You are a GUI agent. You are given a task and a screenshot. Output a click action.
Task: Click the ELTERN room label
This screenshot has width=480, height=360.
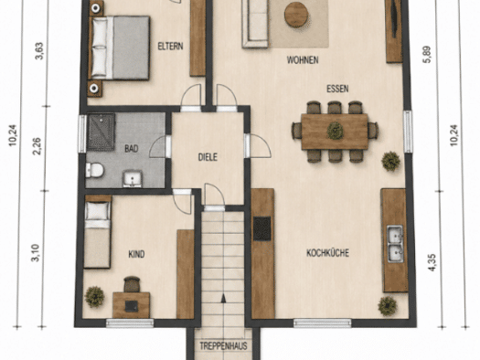point(170,47)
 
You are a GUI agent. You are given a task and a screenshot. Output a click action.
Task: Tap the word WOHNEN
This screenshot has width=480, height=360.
point(303,60)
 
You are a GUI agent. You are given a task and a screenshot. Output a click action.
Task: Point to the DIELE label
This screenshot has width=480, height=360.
point(208,157)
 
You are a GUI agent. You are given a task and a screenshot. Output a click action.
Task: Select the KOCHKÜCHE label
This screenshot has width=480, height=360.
point(327,253)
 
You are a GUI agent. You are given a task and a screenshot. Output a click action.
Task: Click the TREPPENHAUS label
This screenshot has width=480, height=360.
point(223,346)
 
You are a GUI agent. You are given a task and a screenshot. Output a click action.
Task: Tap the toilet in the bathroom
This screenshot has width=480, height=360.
point(94,170)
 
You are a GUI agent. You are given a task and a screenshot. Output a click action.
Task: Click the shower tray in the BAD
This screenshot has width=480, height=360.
point(101,132)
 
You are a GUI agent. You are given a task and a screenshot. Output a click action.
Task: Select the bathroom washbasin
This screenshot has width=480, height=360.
point(133,178)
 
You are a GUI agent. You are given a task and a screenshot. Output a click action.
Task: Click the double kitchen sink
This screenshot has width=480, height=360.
point(395,244)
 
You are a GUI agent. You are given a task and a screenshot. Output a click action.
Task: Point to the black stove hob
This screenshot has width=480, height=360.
point(262,228)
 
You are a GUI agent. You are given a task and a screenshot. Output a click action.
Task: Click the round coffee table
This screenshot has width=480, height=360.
point(296,15)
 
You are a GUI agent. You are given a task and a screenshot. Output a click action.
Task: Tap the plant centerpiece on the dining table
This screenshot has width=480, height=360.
point(335,131)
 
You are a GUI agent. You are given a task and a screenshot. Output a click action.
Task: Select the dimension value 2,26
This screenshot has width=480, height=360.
point(37,146)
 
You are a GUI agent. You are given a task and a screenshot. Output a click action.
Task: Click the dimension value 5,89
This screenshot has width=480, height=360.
point(427,55)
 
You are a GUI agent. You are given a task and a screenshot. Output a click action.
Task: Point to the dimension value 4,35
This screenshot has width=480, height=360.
point(432,262)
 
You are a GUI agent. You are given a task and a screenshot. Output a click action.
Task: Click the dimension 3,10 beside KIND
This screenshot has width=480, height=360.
point(36,253)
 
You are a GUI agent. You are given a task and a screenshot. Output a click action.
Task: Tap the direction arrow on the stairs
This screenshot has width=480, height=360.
point(223,298)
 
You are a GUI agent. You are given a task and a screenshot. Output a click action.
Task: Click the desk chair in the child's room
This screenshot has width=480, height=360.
point(132,284)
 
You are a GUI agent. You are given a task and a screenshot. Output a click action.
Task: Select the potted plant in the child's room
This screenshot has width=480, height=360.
point(94,297)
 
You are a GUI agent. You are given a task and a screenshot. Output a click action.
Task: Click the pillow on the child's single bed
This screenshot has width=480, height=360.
point(97,211)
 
